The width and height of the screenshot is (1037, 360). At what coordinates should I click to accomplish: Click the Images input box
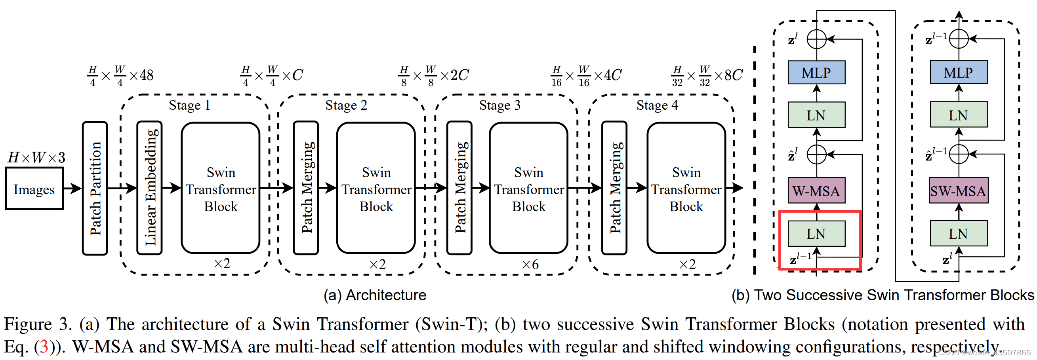point(34,189)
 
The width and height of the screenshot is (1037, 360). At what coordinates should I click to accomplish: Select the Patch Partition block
point(95,188)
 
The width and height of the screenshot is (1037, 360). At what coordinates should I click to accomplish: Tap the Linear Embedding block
point(149,188)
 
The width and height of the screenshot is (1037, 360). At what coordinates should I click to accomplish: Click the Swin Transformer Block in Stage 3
point(528,188)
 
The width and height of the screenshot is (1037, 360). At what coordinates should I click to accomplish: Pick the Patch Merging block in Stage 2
point(306,188)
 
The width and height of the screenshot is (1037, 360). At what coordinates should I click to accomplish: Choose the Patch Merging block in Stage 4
point(614,188)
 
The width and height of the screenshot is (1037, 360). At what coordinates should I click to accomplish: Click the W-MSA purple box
point(816,190)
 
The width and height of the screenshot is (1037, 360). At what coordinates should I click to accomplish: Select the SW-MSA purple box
point(959,190)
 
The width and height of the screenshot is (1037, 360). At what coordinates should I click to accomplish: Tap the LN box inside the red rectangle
point(816,234)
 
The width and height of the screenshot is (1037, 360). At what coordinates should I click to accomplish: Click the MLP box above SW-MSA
point(959,72)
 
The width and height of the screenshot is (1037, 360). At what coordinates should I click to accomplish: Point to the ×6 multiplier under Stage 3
point(530,265)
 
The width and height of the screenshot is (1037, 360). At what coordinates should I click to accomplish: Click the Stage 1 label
point(190,105)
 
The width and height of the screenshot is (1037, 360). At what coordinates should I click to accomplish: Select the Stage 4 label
point(658,105)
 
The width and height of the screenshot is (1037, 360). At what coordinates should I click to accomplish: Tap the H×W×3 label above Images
point(36,157)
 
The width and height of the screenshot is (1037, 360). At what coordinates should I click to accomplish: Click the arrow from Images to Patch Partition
point(72,188)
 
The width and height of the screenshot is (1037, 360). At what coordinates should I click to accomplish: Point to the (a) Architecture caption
point(375,295)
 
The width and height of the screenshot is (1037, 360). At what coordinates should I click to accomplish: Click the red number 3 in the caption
point(44,346)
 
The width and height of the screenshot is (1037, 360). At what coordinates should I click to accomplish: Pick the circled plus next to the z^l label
point(817,40)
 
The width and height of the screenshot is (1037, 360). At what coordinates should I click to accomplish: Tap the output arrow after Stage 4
point(734,188)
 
